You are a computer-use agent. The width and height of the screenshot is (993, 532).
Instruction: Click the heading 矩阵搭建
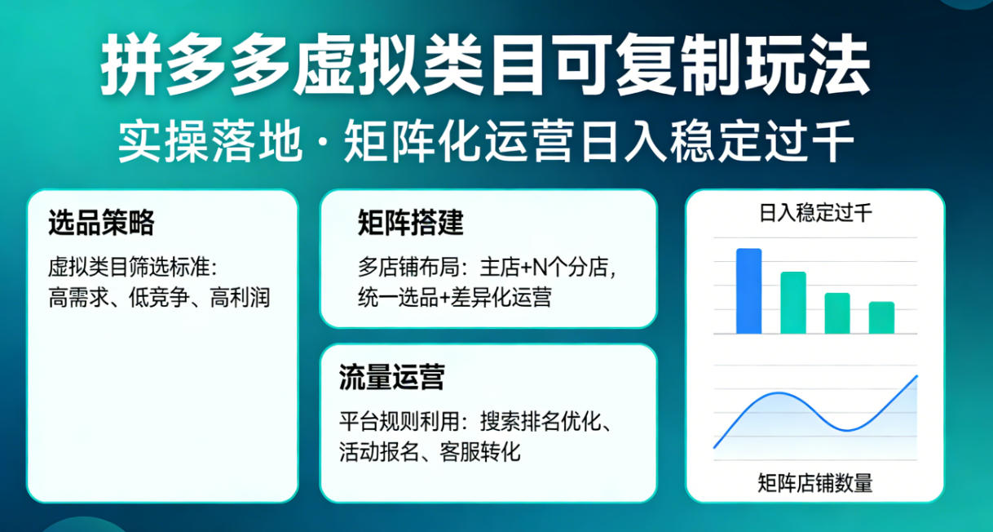tap(410, 222)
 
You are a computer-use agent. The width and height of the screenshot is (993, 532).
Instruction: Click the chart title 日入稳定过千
tap(815, 215)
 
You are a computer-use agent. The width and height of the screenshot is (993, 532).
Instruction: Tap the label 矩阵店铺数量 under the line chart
tap(815, 483)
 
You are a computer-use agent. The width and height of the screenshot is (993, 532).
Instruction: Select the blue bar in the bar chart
tap(748, 291)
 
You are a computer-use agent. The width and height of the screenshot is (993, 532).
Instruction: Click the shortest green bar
tap(881, 317)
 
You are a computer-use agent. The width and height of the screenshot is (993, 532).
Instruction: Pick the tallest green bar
tap(793, 303)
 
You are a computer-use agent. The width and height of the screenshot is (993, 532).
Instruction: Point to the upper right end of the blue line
tap(916, 376)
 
